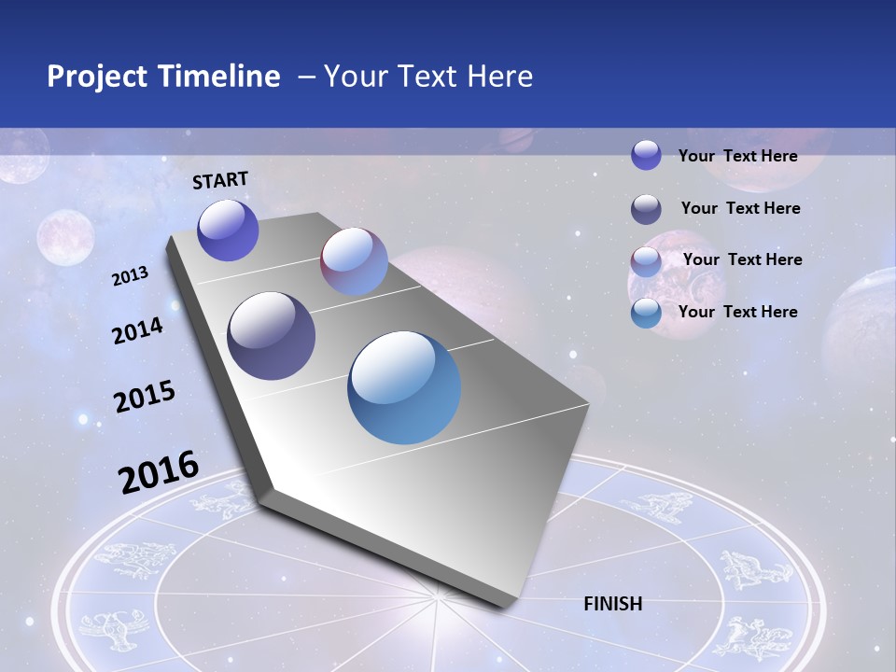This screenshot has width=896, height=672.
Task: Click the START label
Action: (x=220, y=179)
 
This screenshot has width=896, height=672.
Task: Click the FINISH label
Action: (x=613, y=604)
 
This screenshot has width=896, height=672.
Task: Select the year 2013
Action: (x=131, y=275)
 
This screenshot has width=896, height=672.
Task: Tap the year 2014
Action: (x=137, y=330)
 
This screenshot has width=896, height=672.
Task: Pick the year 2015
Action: (x=145, y=397)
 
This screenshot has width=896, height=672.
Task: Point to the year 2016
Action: (x=159, y=471)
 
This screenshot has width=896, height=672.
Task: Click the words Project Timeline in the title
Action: (x=163, y=77)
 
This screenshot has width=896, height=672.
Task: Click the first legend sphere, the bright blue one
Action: (x=646, y=155)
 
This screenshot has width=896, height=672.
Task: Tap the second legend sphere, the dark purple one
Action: (x=646, y=209)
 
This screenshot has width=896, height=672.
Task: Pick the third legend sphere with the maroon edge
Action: (x=646, y=261)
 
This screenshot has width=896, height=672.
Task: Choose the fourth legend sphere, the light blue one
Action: (x=646, y=313)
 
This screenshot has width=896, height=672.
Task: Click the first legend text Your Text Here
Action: (x=737, y=156)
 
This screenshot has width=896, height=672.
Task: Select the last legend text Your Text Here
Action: (x=737, y=312)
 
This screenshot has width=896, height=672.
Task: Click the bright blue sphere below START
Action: (x=228, y=230)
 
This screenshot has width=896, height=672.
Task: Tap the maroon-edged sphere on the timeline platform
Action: (x=354, y=261)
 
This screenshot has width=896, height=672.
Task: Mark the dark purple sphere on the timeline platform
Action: (x=272, y=336)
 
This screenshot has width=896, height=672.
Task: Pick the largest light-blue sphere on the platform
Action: (x=404, y=387)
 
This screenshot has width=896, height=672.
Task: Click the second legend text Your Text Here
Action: (x=740, y=208)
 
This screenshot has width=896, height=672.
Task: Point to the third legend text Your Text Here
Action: (x=742, y=259)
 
